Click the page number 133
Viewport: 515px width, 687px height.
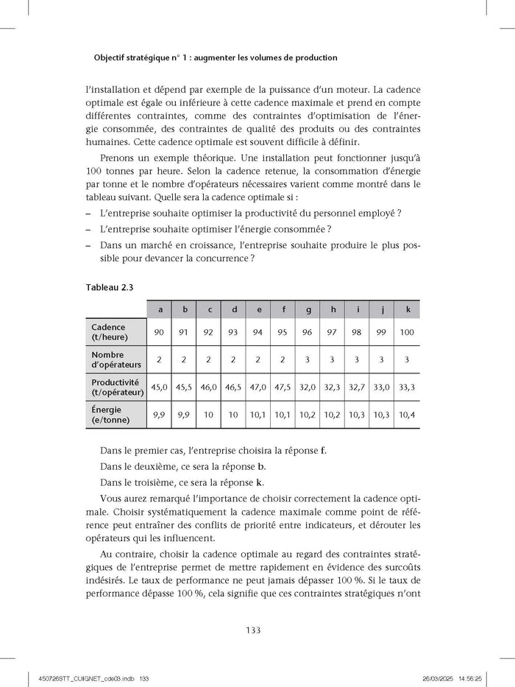tap(257, 630)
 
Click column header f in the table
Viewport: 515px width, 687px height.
tap(283, 309)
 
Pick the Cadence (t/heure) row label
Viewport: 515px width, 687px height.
tap(109, 332)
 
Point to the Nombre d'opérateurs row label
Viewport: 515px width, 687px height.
tap(117, 360)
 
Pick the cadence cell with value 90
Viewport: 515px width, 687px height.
tap(159, 332)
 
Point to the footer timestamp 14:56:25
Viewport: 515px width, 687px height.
tap(476, 677)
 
